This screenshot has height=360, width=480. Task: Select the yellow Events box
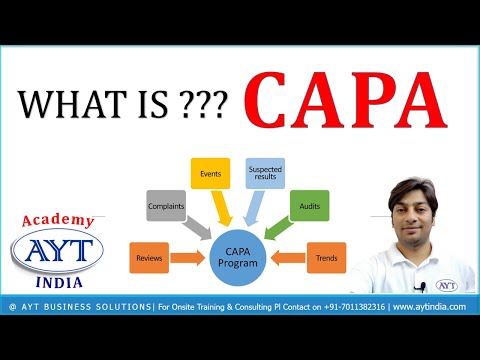click(210, 173)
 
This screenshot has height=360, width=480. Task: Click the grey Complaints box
click(165, 205)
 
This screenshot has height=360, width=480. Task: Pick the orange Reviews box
click(149, 259)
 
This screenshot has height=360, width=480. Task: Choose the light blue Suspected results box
click(265, 173)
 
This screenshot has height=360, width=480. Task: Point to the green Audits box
click(308, 207)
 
